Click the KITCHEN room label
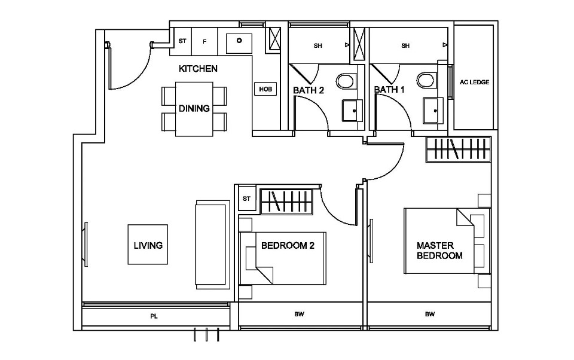198,69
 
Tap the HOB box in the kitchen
265,89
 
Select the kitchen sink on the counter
239,42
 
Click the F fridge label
204,42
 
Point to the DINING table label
194,109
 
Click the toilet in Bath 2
346,81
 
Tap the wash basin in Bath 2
352,111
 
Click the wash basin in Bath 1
433,111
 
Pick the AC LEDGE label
475,83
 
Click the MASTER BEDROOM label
439,251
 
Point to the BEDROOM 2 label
288,245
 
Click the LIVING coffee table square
148,245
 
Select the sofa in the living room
212,245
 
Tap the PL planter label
154,315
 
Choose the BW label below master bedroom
429,315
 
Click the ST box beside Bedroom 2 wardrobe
246,199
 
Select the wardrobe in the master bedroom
459,150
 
